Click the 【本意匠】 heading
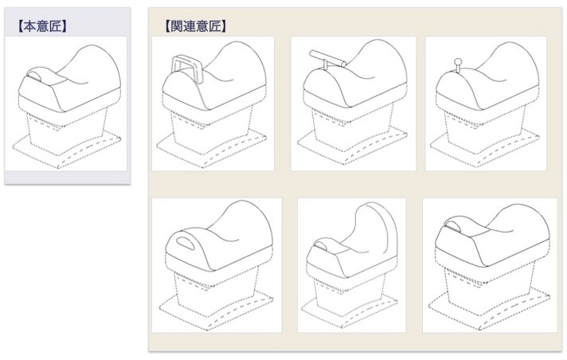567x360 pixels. [x=41, y=26]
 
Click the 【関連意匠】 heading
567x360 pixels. [x=196, y=26]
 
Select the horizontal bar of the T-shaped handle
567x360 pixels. [x=327, y=59]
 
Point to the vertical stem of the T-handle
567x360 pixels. [x=325, y=65]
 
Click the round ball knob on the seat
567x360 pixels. [x=458, y=61]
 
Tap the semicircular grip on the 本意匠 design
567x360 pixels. [x=35, y=76]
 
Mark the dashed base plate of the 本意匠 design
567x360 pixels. [x=67, y=148]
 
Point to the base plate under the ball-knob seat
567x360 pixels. [x=484, y=148]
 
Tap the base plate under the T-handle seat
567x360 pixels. [x=353, y=147]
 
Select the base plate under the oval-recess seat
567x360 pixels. [x=217, y=310]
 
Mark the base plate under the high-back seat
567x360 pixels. [x=350, y=307]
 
